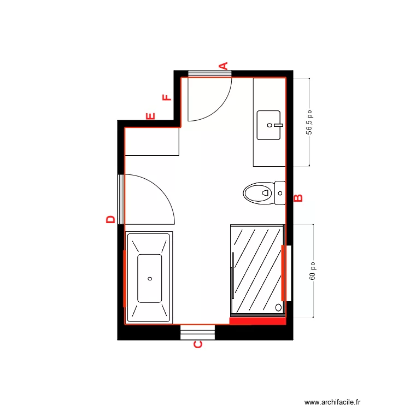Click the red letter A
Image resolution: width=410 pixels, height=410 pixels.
click(x=223, y=66)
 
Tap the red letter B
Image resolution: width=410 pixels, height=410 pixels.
click(x=298, y=198)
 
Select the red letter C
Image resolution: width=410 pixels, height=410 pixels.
click(x=198, y=344)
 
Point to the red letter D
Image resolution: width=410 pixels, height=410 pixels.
click(x=110, y=219)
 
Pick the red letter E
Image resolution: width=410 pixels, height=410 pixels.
click(x=151, y=116)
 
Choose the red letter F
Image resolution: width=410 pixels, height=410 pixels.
click(x=167, y=98)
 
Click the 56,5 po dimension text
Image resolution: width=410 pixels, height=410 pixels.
click(x=309, y=122)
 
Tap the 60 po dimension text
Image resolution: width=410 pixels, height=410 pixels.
click(x=313, y=271)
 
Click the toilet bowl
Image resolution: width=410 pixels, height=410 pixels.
click(x=257, y=192)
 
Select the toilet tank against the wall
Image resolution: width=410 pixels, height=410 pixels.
click(x=280, y=192)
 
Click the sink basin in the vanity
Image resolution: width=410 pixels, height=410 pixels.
click(x=268, y=125)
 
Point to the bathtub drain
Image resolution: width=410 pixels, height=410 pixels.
click(x=150, y=278)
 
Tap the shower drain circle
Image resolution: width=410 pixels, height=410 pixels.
click(x=278, y=308)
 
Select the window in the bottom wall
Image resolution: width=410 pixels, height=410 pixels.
click(x=197, y=332)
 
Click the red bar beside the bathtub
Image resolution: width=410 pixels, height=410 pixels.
click(x=125, y=279)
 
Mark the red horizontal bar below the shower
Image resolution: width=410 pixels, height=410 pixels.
click(x=257, y=321)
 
